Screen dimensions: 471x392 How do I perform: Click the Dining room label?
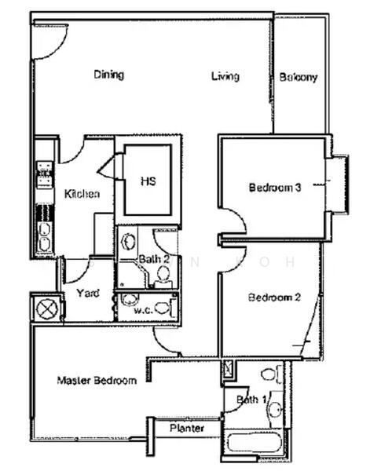click(x=109, y=75)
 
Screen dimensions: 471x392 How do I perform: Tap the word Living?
click(x=225, y=76)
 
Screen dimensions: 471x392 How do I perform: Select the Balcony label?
click(x=299, y=77)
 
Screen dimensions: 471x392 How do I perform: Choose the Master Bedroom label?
click(x=97, y=381)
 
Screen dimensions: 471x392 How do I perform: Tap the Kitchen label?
click(x=82, y=195)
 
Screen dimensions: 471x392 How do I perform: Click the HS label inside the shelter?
click(x=148, y=181)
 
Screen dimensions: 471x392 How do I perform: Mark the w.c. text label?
click(x=142, y=309)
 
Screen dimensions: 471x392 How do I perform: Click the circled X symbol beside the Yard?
click(x=46, y=307)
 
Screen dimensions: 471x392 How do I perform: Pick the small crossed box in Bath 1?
click(x=228, y=369)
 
